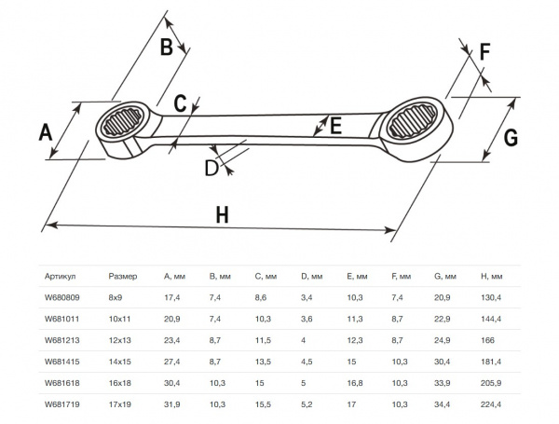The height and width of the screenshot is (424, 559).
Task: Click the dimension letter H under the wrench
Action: [222, 215]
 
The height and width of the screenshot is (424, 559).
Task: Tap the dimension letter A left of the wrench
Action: [46, 132]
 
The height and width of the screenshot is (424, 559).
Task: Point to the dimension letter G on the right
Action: [511, 137]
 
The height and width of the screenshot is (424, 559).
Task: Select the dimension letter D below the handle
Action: [211, 168]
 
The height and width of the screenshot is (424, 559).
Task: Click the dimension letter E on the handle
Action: [336, 125]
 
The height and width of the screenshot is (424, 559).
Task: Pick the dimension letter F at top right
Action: [484, 51]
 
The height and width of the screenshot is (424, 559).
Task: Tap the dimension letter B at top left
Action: [166, 47]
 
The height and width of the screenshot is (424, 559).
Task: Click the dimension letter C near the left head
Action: [180, 103]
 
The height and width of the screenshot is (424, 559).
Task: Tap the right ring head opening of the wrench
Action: [413, 120]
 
